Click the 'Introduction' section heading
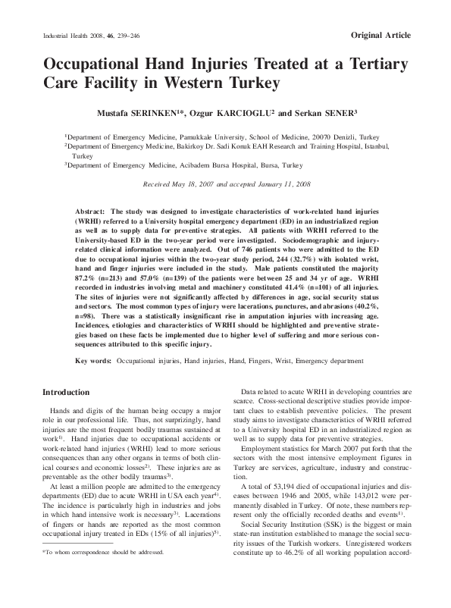click(66, 392)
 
